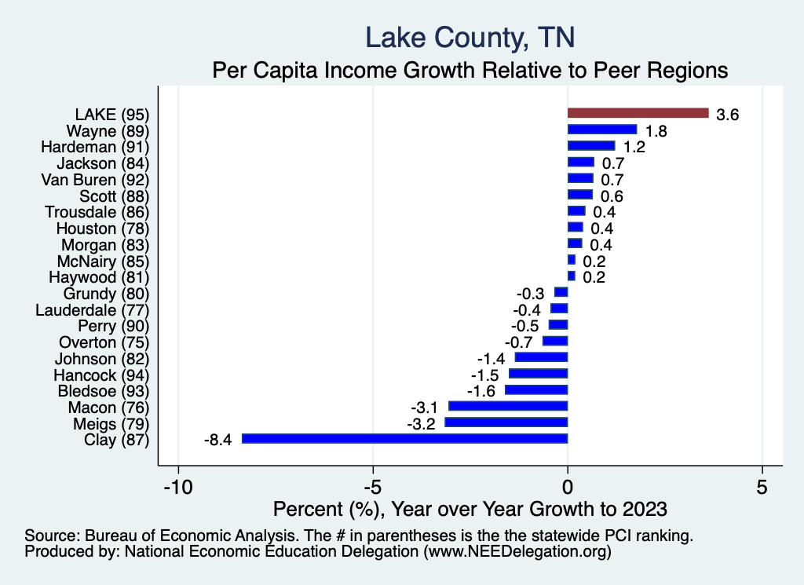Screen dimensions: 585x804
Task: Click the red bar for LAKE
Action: (638, 113)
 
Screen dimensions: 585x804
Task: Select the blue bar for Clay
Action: (404, 439)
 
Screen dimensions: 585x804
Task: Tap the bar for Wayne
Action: (602, 130)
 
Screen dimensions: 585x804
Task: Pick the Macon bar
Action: (507, 406)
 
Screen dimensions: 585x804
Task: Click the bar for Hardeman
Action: (590, 146)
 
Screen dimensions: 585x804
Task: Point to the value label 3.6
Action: (728, 115)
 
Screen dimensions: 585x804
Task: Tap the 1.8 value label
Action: (656, 131)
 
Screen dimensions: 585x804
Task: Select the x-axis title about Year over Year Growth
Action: (470, 509)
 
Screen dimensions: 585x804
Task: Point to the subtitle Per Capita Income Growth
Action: (470, 70)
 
